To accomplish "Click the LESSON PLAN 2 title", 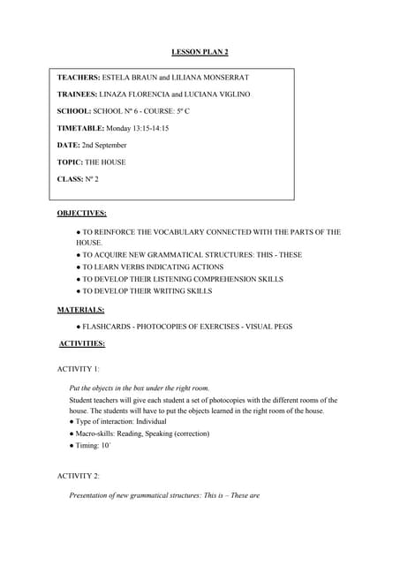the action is [x=200, y=53].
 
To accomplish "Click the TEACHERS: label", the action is [x=79, y=77].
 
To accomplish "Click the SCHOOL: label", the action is [x=74, y=111].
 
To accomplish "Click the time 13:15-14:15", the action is [x=149, y=128].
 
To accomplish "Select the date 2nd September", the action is [x=104, y=145].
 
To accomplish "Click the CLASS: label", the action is [x=70, y=179].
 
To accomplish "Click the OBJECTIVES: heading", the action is [x=82, y=214].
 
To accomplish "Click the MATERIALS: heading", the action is [x=81, y=310].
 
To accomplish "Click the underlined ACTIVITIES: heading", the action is [x=82, y=343].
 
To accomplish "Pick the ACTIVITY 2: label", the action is [x=79, y=476].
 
